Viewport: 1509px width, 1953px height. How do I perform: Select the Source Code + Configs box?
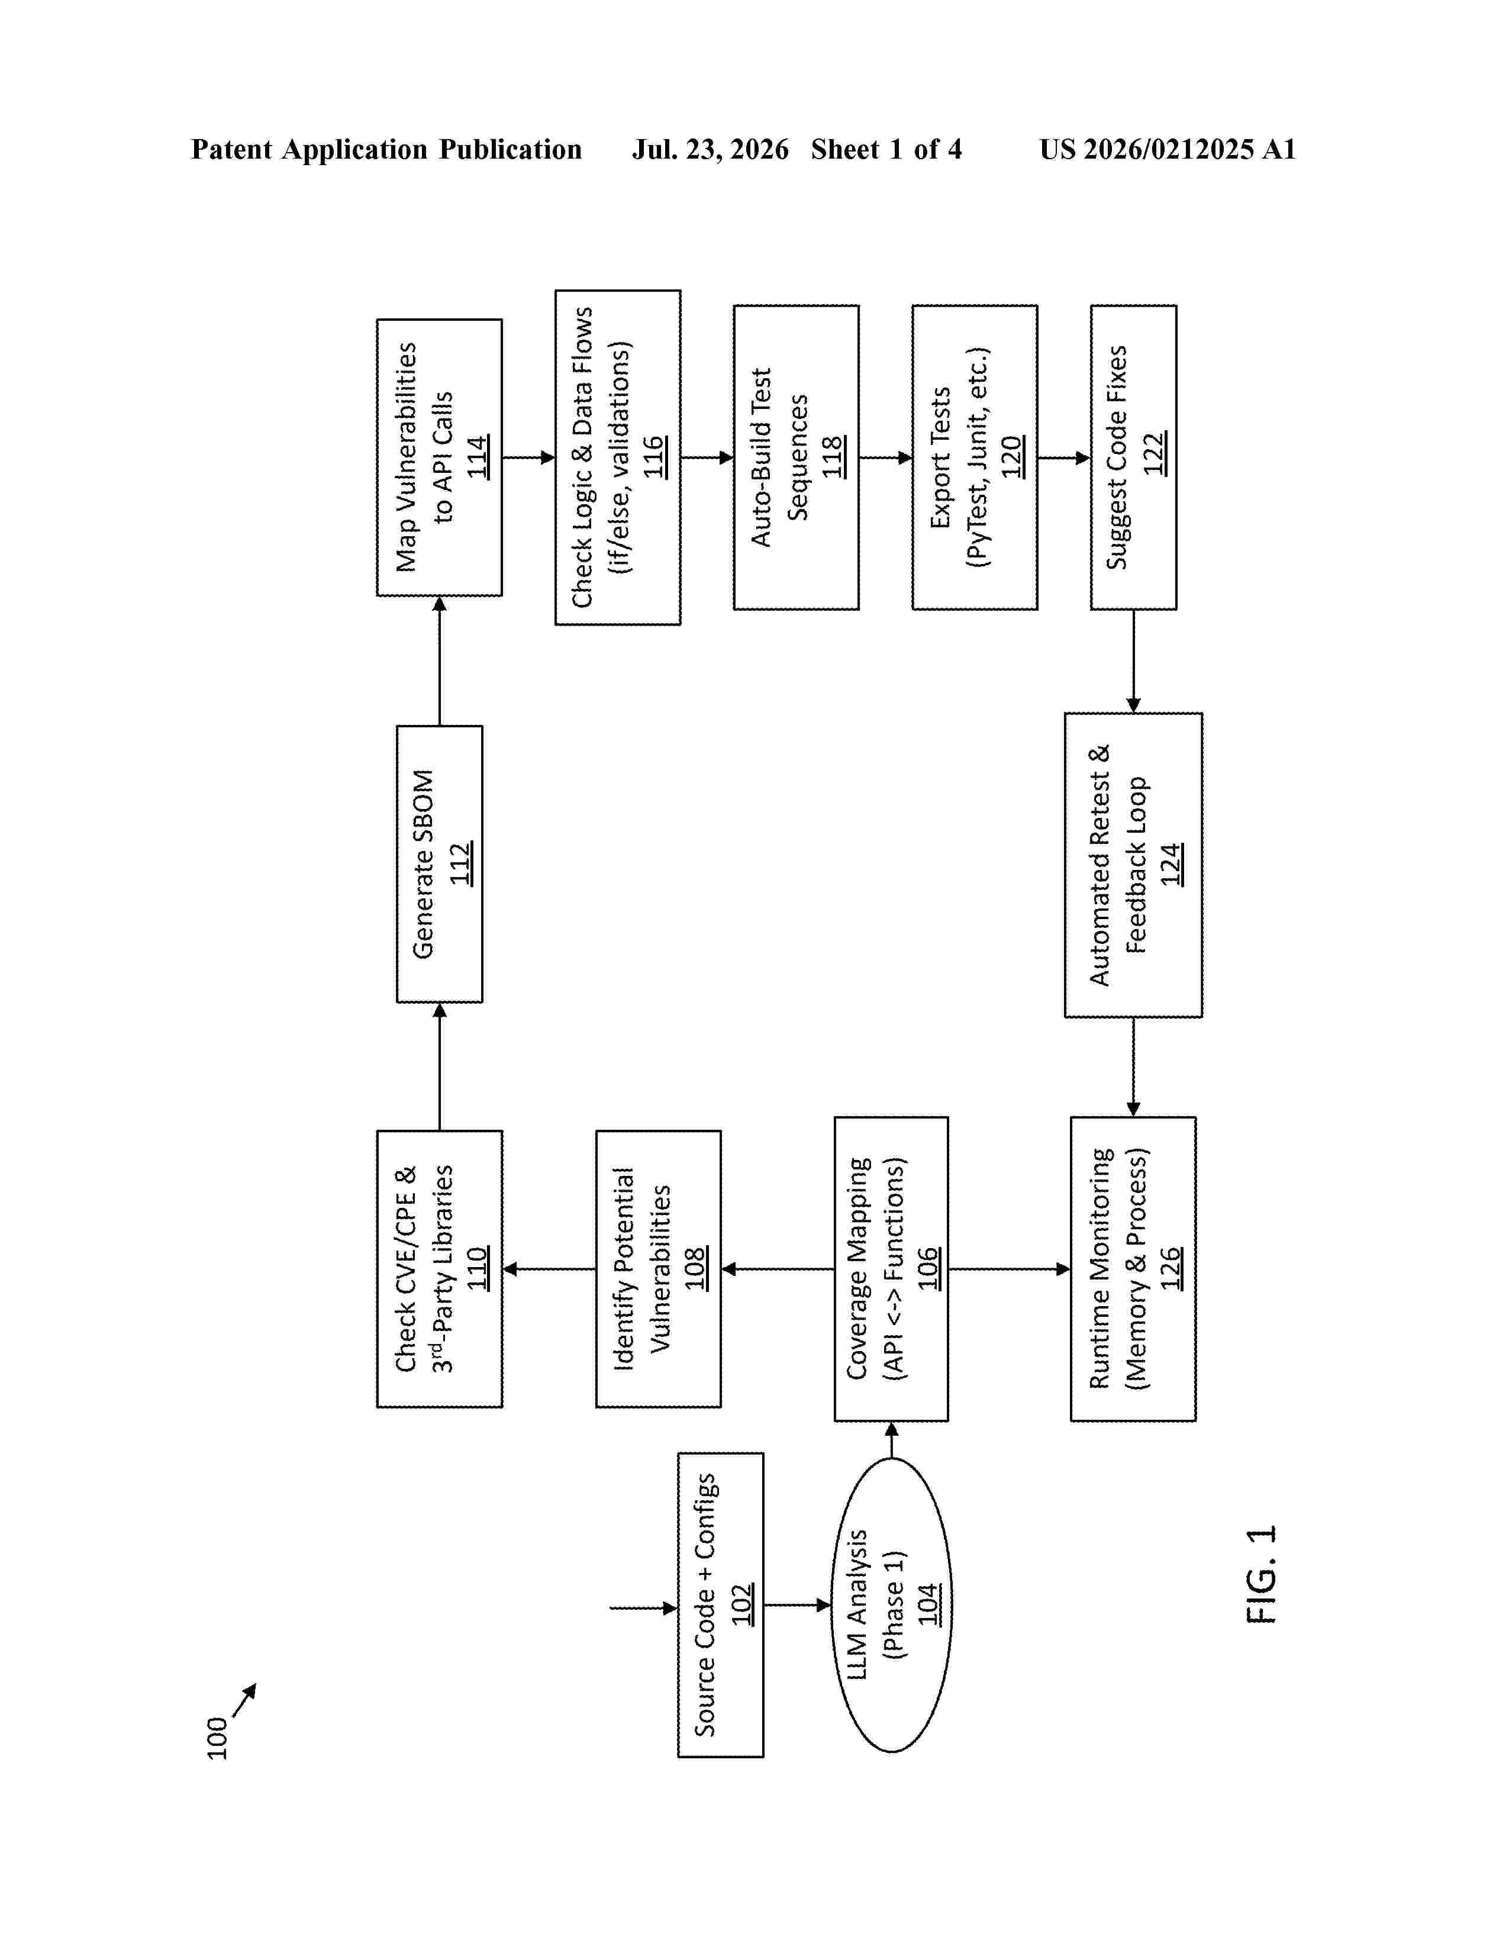tap(721, 1604)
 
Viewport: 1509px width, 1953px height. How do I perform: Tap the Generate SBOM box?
tap(440, 864)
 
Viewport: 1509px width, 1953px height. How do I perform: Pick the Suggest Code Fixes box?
tap(1134, 458)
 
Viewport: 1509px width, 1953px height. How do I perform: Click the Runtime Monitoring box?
tap(1134, 1269)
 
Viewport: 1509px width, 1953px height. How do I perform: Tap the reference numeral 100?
tap(217, 1738)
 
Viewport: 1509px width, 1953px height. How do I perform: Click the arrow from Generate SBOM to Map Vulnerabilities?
tap(440, 661)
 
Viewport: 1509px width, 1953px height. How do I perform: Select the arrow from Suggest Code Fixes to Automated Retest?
tap(1134, 661)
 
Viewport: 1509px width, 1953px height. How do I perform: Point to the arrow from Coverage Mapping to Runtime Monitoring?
tap(1010, 1269)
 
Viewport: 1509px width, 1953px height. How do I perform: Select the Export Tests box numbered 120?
tap(975, 458)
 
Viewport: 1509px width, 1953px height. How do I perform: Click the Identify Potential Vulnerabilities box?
tap(659, 1269)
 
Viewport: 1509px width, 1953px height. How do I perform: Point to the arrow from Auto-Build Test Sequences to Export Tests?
tap(885, 458)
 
